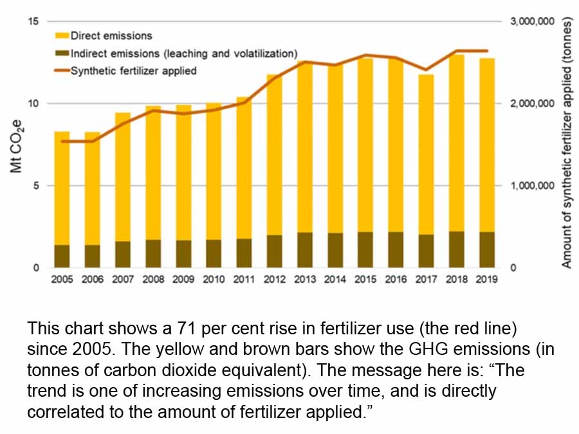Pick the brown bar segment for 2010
point(214,253)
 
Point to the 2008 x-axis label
point(153,280)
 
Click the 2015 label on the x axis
point(365,280)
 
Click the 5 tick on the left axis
point(36,186)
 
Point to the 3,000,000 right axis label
point(532,21)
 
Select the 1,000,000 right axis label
point(532,186)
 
